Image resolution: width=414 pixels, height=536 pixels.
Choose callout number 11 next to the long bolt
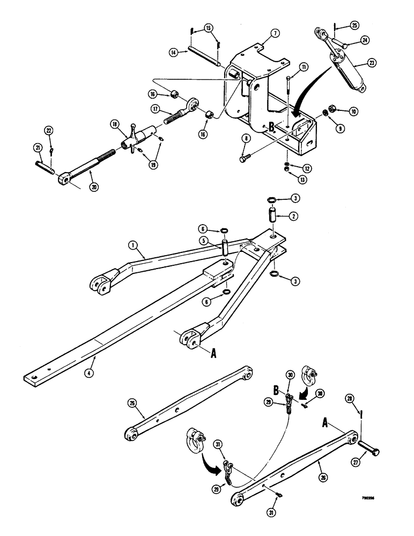pyautogui.click(x=304, y=67)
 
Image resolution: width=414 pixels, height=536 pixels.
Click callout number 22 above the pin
pyautogui.click(x=48, y=131)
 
